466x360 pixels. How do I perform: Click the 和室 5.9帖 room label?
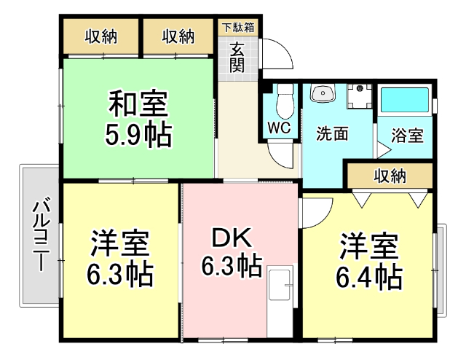pos(139,119)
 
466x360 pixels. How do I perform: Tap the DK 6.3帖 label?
pos(232,252)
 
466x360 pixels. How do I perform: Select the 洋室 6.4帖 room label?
pos(369,261)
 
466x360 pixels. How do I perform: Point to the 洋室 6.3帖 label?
pos(120,259)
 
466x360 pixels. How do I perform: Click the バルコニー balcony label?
pos(39,233)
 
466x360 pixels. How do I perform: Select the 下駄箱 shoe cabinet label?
pos(238,28)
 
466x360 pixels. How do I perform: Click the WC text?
pos(279,127)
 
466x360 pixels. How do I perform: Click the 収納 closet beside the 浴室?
pos(390,176)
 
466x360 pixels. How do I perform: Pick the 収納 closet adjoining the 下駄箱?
pos(178,36)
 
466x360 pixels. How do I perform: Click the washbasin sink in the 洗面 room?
pos(321,94)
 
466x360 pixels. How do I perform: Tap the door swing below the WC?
pos(280,154)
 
